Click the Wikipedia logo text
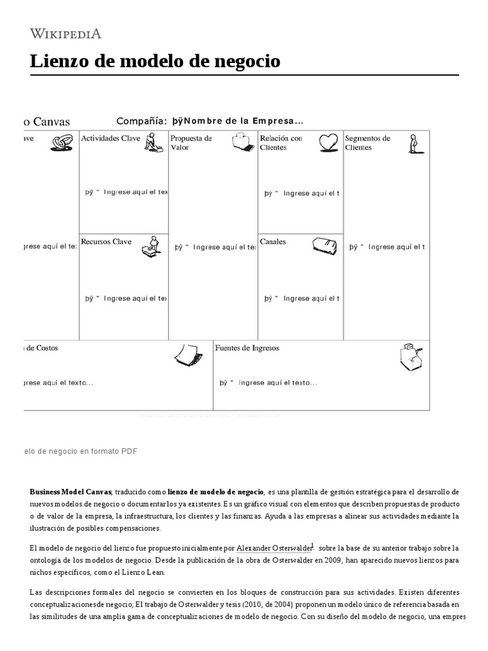(x=65, y=34)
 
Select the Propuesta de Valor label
(x=191, y=142)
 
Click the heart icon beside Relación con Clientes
(x=329, y=142)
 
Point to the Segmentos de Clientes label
(x=367, y=142)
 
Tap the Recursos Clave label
(x=107, y=242)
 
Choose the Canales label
(x=273, y=242)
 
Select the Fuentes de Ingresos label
(x=247, y=348)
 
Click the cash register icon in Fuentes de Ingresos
(x=412, y=357)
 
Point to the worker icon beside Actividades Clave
(x=152, y=142)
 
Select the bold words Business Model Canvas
(x=71, y=492)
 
